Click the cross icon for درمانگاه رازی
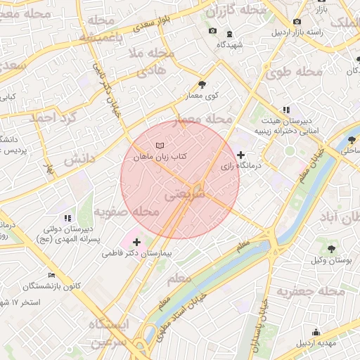click(x=241, y=155)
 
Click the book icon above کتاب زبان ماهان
click(x=159, y=146)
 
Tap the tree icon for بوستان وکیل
click(x=331, y=249)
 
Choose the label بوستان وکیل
click(x=330, y=261)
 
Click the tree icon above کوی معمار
click(x=202, y=84)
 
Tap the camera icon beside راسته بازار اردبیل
click(x=297, y=22)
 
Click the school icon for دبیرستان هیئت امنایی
click(x=285, y=110)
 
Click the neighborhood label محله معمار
click(x=207, y=120)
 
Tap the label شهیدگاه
click(x=231, y=44)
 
